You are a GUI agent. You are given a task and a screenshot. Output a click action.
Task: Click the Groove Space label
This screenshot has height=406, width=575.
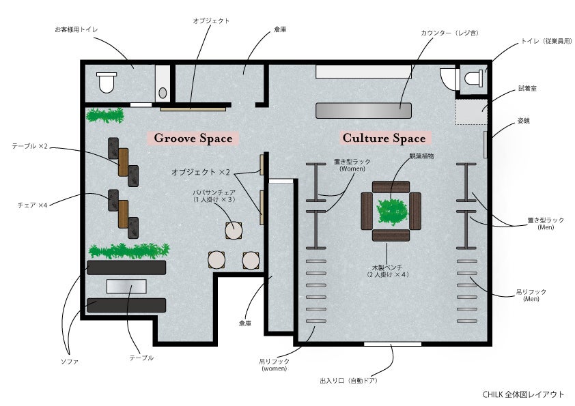click(x=193, y=139)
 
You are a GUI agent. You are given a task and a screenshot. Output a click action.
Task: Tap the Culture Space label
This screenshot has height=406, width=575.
click(x=384, y=139)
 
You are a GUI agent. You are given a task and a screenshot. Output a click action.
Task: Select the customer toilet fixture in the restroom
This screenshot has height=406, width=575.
click(x=107, y=83)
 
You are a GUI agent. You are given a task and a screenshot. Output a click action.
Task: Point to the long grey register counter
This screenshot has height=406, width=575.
click(x=363, y=110)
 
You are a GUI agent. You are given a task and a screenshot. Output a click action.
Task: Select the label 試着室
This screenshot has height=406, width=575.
click(x=527, y=89)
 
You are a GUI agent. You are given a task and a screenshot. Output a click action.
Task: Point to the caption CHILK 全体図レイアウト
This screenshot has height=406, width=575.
click(x=523, y=394)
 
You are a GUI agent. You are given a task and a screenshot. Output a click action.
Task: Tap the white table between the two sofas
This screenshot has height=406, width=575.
click(x=126, y=286)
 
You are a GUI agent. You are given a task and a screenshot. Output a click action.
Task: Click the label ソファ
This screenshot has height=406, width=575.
click(x=69, y=362)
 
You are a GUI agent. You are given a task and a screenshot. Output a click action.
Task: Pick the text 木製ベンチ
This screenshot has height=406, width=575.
click(x=386, y=267)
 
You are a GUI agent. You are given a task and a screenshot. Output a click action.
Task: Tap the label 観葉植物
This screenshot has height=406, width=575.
click(x=421, y=156)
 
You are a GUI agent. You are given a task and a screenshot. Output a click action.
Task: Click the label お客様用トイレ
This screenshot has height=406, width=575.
click(x=76, y=30)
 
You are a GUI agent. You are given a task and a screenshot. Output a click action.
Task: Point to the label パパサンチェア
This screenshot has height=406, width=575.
click(x=214, y=193)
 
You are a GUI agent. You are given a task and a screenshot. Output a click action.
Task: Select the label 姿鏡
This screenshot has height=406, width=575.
click(x=524, y=120)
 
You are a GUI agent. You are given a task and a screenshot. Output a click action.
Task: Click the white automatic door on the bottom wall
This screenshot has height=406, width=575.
click(x=392, y=344)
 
